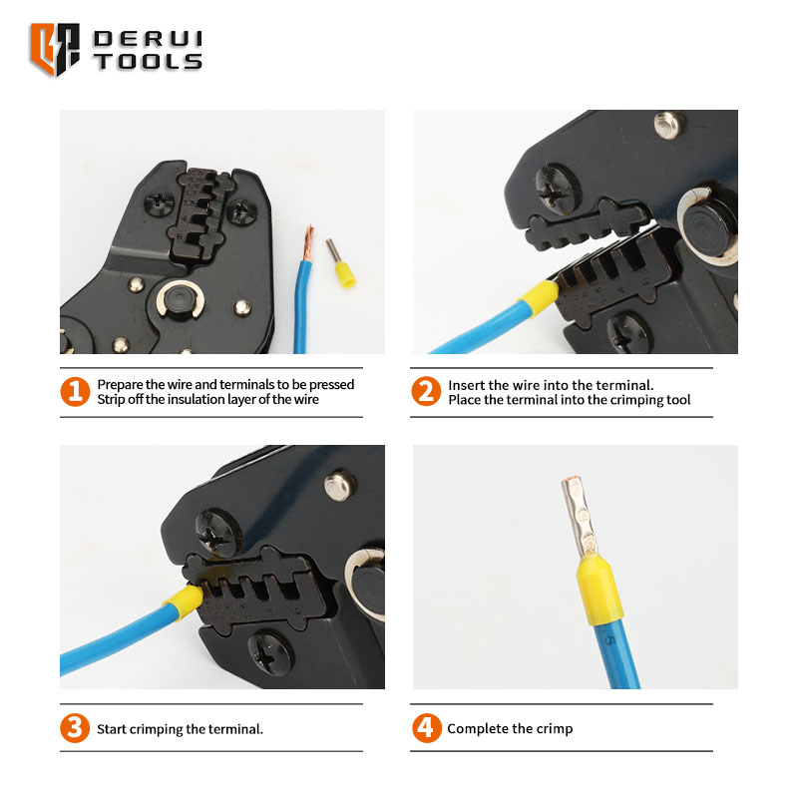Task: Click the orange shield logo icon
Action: [x=55, y=49]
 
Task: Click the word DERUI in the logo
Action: [x=148, y=39]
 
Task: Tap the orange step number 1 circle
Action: [x=75, y=391]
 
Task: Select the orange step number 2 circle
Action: [x=426, y=391]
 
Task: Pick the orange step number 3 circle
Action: [x=75, y=728]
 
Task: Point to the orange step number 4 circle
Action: [x=427, y=728]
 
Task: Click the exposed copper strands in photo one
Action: [x=307, y=243]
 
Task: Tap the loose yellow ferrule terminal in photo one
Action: [x=341, y=263]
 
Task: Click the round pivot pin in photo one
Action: [x=181, y=300]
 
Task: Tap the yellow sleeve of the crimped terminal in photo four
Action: [x=599, y=590]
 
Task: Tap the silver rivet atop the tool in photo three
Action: [x=338, y=484]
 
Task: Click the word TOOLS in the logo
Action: [x=148, y=62]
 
